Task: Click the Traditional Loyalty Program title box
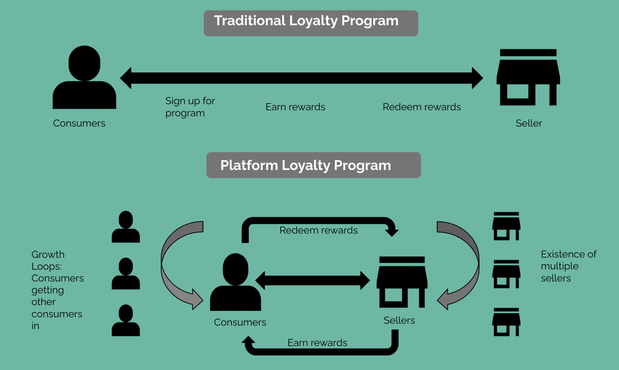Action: (x=310, y=23)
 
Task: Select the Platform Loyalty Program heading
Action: (x=313, y=165)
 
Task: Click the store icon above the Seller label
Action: (x=528, y=77)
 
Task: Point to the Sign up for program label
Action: (x=190, y=107)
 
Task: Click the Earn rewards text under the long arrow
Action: (x=295, y=107)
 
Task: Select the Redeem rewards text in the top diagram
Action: (x=422, y=107)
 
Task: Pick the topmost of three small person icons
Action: (x=125, y=227)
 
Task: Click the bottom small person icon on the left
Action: (x=125, y=320)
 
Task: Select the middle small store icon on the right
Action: (x=506, y=274)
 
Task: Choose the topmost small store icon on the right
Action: (x=506, y=226)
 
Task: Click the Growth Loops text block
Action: (x=57, y=290)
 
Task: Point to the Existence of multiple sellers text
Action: (x=568, y=266)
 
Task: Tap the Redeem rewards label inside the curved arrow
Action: (x=318, y=230)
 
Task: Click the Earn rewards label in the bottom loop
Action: (x=317, y=343)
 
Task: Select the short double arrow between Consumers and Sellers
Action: (x=312, y=281)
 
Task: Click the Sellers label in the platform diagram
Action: (x=399, y=320)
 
